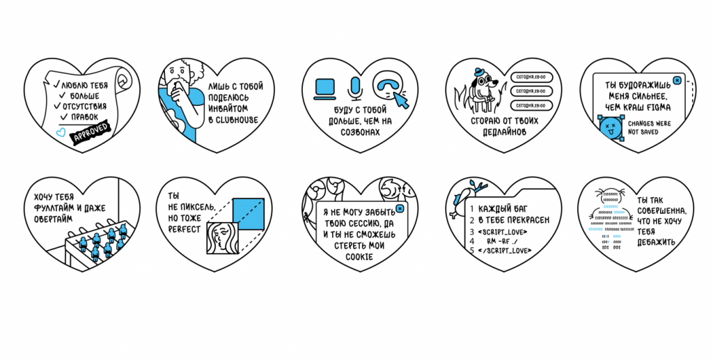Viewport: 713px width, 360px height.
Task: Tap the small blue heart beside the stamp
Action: (61, 130)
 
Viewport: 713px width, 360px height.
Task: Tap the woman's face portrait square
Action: (222, 238)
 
